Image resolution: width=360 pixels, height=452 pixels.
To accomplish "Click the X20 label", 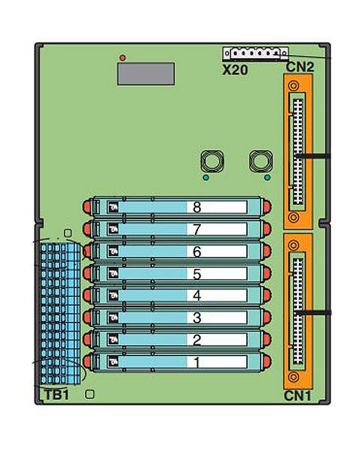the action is point(235,70).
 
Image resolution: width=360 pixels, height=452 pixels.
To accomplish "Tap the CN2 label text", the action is point(300,67).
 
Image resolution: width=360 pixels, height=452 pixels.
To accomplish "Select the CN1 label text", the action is point(297,395).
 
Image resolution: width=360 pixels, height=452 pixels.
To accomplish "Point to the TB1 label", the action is point(57,395).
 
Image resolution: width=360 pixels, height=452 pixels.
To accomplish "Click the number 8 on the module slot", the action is point(197,207).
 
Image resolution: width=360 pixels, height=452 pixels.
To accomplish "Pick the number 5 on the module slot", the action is point(197,274).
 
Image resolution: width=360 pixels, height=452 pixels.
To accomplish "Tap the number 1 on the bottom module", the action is point(197,362).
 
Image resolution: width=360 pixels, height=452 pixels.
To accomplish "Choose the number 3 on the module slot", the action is point(197,318).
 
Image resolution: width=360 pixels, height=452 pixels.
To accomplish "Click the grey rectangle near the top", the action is point(146,74).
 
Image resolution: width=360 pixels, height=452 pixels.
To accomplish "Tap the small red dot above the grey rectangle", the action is point(123,58).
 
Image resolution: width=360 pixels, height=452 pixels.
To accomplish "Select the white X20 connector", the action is point(255,53).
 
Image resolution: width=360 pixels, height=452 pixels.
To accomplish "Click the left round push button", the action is point(212,161).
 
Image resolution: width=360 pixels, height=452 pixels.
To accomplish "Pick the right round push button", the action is point(261,161).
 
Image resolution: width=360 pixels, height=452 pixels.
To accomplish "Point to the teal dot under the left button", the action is point(206,178).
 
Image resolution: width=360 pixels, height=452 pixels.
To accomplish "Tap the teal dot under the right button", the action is point(267,178).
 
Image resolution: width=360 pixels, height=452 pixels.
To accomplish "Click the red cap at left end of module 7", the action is point(87,230).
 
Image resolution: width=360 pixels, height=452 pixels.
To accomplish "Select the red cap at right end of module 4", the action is point(267,295).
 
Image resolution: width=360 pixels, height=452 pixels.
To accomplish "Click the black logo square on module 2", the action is point(113,340).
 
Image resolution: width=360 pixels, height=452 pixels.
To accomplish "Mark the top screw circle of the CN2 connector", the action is point(294,86).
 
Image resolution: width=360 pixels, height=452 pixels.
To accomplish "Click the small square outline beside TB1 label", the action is point(90,394).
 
